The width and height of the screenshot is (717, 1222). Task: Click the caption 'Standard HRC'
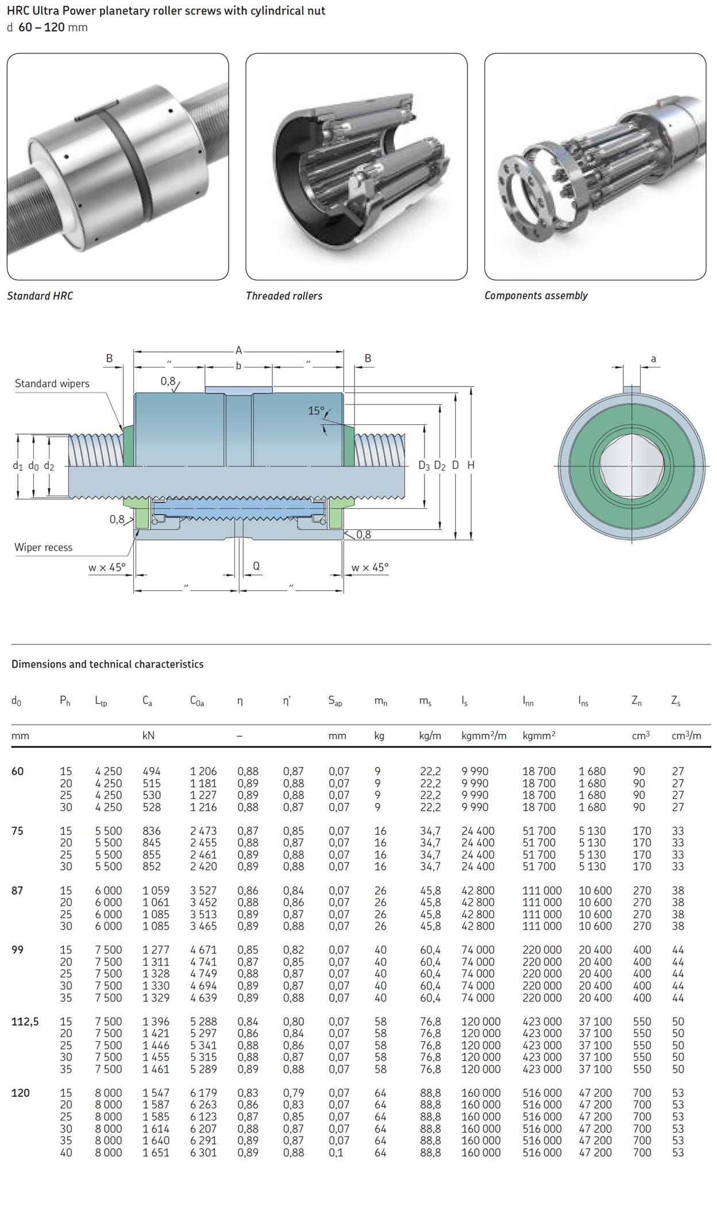(40, 296)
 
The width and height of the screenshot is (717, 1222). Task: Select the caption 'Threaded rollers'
(284, 296)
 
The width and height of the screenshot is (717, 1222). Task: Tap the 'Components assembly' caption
(535, 295)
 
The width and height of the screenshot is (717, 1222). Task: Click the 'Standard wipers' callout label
(52, 384)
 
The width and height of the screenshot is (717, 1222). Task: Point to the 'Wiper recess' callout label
(44, 547)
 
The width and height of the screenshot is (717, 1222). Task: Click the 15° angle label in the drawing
(316, 411)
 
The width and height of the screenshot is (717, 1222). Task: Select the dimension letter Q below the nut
(256, 566)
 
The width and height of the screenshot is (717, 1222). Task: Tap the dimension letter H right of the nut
(471, 465)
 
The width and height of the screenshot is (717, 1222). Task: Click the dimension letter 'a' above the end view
(653, 359)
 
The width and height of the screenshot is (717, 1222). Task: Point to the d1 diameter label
(17, 466)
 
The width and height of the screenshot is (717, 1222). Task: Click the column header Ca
(148, 701)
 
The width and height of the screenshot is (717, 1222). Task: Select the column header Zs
(676, 701)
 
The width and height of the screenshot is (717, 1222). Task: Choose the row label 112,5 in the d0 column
(25, 1022)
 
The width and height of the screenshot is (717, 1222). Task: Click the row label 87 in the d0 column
(18, 890)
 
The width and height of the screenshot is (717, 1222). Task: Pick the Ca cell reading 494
(152, 771)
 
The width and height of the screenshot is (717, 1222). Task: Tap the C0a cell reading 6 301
(203, 1153)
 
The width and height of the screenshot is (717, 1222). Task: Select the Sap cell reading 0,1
(336, 1153)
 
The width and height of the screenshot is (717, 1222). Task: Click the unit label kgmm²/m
(484, 736)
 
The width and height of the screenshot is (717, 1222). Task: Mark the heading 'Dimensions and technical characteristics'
(107, 664)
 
